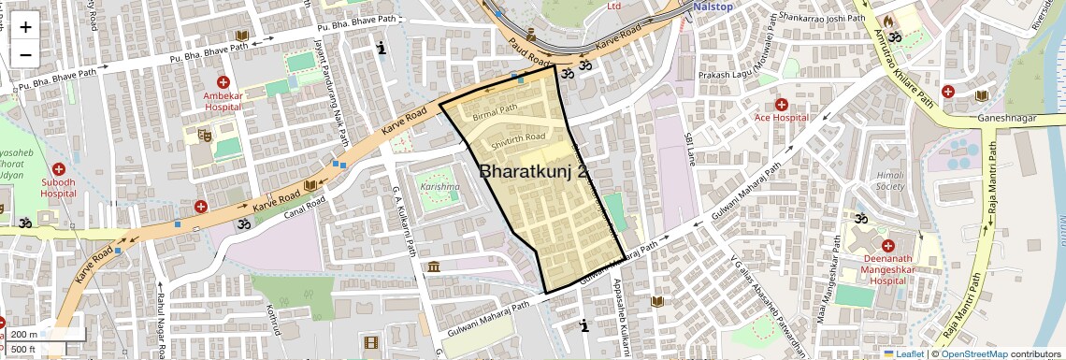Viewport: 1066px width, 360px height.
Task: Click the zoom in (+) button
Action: click(x=25, y=27)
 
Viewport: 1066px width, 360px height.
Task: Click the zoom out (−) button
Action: click(x=25, y=54)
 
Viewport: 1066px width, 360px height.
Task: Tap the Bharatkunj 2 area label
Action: click(x=534, y=172)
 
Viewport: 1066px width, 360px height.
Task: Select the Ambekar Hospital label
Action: click(x=223, y=101)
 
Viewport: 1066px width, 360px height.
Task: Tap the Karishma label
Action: click(x=439, y=187)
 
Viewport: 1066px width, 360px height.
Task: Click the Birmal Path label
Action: click(x=495, y=109)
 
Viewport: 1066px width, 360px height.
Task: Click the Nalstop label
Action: click(x=713, y=7)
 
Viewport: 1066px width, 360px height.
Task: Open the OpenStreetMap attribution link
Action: click(x=973, y=353)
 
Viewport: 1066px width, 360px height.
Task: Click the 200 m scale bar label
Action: click(x=24, y=334)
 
